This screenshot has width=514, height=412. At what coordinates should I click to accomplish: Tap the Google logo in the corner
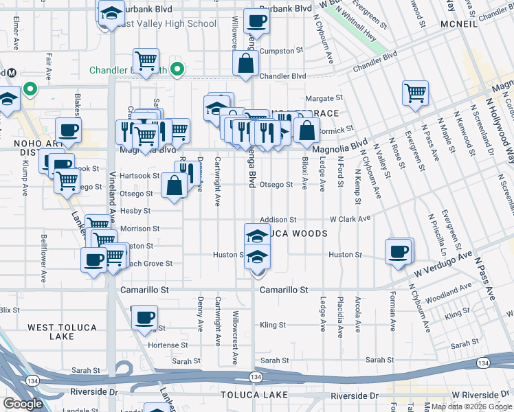23,403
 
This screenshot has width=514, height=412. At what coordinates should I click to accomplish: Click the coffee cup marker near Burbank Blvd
256,21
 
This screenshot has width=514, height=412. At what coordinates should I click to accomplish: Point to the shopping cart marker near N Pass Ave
415,93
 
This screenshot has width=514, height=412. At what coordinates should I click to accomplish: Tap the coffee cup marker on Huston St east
399,251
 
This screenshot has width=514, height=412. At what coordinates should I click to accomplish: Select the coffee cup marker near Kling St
144,317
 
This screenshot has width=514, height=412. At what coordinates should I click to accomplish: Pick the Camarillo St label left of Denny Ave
144,290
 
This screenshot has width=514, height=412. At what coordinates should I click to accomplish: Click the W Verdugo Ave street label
442,264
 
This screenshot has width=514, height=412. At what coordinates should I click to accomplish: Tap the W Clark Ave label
350,219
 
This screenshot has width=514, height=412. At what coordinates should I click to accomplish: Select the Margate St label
324,99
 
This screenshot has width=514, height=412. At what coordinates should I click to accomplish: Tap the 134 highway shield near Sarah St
256,378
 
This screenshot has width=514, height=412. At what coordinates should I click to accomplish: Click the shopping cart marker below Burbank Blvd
146,60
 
